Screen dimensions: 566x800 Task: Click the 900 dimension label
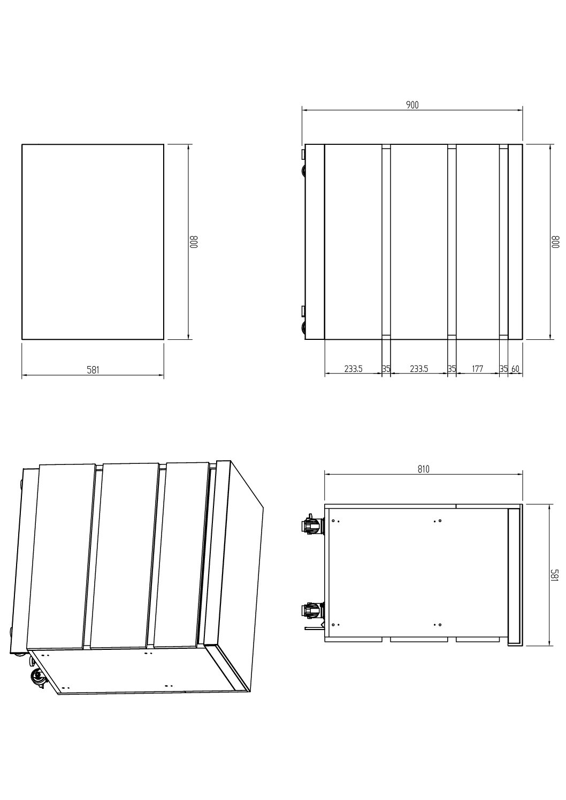point(412,105)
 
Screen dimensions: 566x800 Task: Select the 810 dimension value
point(423,469)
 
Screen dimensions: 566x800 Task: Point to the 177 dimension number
point(477,369)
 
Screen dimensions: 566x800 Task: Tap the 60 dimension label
point(515,369)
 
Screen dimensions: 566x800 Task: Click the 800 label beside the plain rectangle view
point(194,242)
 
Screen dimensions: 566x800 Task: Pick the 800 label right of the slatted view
point(555,242)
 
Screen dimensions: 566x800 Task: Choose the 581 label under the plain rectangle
point(93,370)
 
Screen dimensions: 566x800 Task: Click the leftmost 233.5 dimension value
point(353,369)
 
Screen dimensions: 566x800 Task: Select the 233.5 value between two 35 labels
point(419,369)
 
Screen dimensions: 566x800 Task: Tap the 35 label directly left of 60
point(503,369)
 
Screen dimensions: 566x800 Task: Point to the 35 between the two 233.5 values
point(386,369)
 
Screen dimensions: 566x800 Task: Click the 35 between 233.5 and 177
point(452,369)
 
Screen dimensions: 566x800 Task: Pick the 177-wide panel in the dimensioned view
point(478,242)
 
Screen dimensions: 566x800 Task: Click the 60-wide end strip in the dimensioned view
point(515,242)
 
